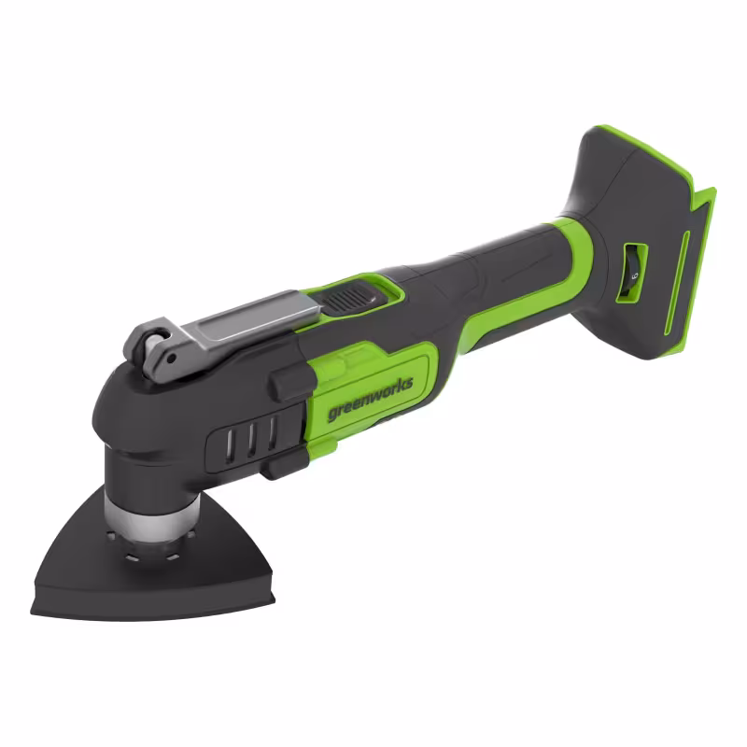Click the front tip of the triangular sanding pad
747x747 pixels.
(37, 606)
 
